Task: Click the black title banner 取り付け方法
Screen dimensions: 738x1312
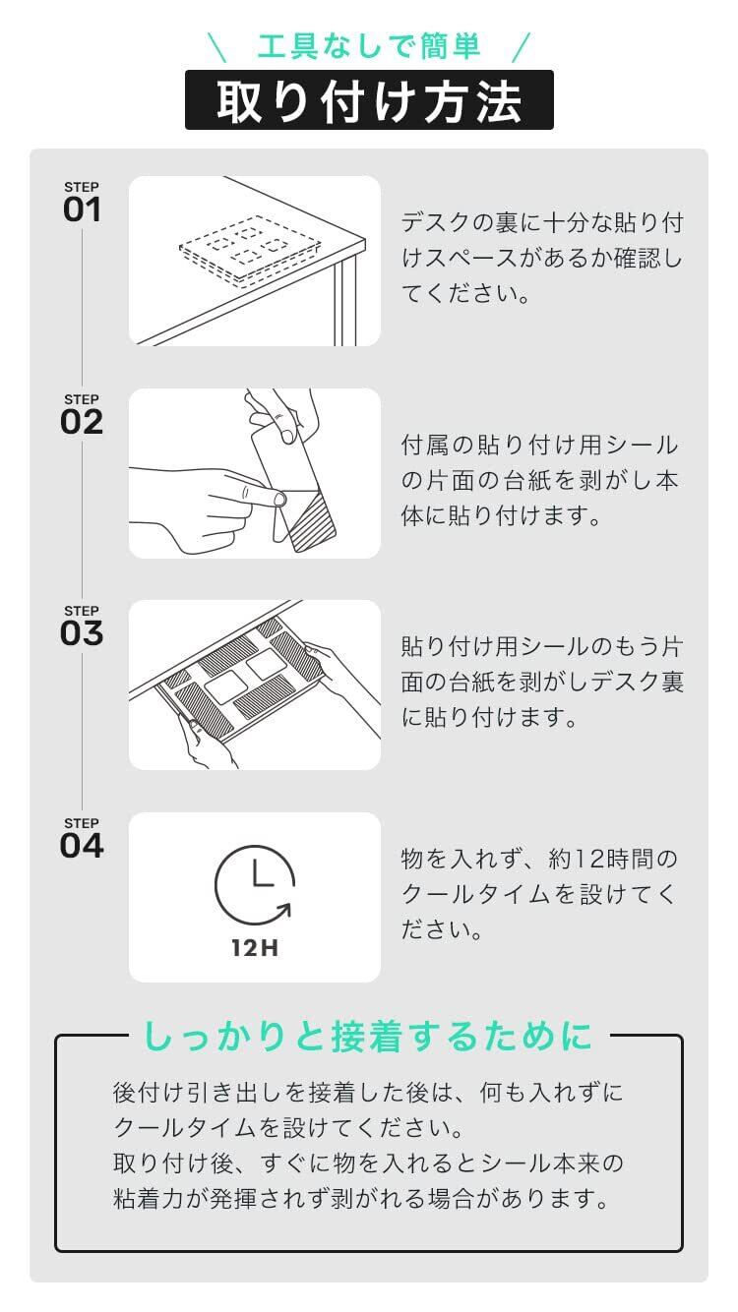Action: point(369,99)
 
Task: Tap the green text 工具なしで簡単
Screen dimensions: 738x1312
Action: point(369,46)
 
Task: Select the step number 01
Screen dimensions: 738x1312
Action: point(82,209)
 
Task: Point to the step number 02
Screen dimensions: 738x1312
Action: point(82,422)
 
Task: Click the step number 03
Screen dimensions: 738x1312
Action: point(82,633)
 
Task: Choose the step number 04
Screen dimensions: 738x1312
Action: point(82,846)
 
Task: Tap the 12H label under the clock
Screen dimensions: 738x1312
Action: point(255,948)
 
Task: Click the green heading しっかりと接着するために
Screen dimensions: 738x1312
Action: point(368,1036)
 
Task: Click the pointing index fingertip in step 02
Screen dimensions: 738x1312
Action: point(279,499)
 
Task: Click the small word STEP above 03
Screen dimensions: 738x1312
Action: point(82,611)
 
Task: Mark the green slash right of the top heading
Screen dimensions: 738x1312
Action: point(522,47)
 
